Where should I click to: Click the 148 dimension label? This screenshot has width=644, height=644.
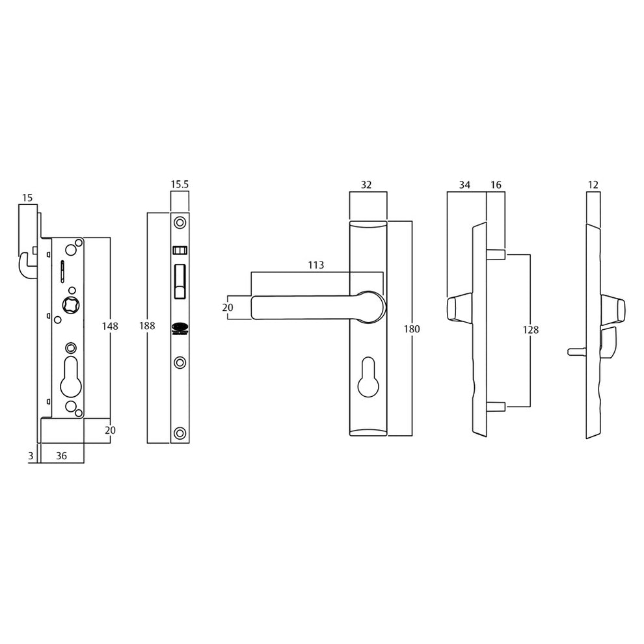(x=111, y=326)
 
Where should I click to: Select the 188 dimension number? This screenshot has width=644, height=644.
(x=148, y=326)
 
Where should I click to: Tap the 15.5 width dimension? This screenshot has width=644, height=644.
(x=180, y=185)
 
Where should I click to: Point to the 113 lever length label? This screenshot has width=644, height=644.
(x=316, y=265)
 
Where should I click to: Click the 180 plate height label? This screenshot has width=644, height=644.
(x=412, y=329)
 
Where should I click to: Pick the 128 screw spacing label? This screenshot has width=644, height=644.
(x=531, y=330)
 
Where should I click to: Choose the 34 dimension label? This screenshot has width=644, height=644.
(x=464, y=185)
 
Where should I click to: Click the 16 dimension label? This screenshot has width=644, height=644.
(x=496, y=185)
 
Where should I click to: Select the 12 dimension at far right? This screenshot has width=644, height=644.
(x=593, y=185)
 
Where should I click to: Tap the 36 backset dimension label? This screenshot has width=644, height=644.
(x=62, y=456)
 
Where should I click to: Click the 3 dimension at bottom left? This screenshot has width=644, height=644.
(x=31, y=456)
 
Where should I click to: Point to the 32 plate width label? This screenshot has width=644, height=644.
(x=366, y=185)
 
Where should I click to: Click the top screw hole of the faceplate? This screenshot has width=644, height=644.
(x=180, y=222)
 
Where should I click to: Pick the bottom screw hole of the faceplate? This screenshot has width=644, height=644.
(x=180, y=432)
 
